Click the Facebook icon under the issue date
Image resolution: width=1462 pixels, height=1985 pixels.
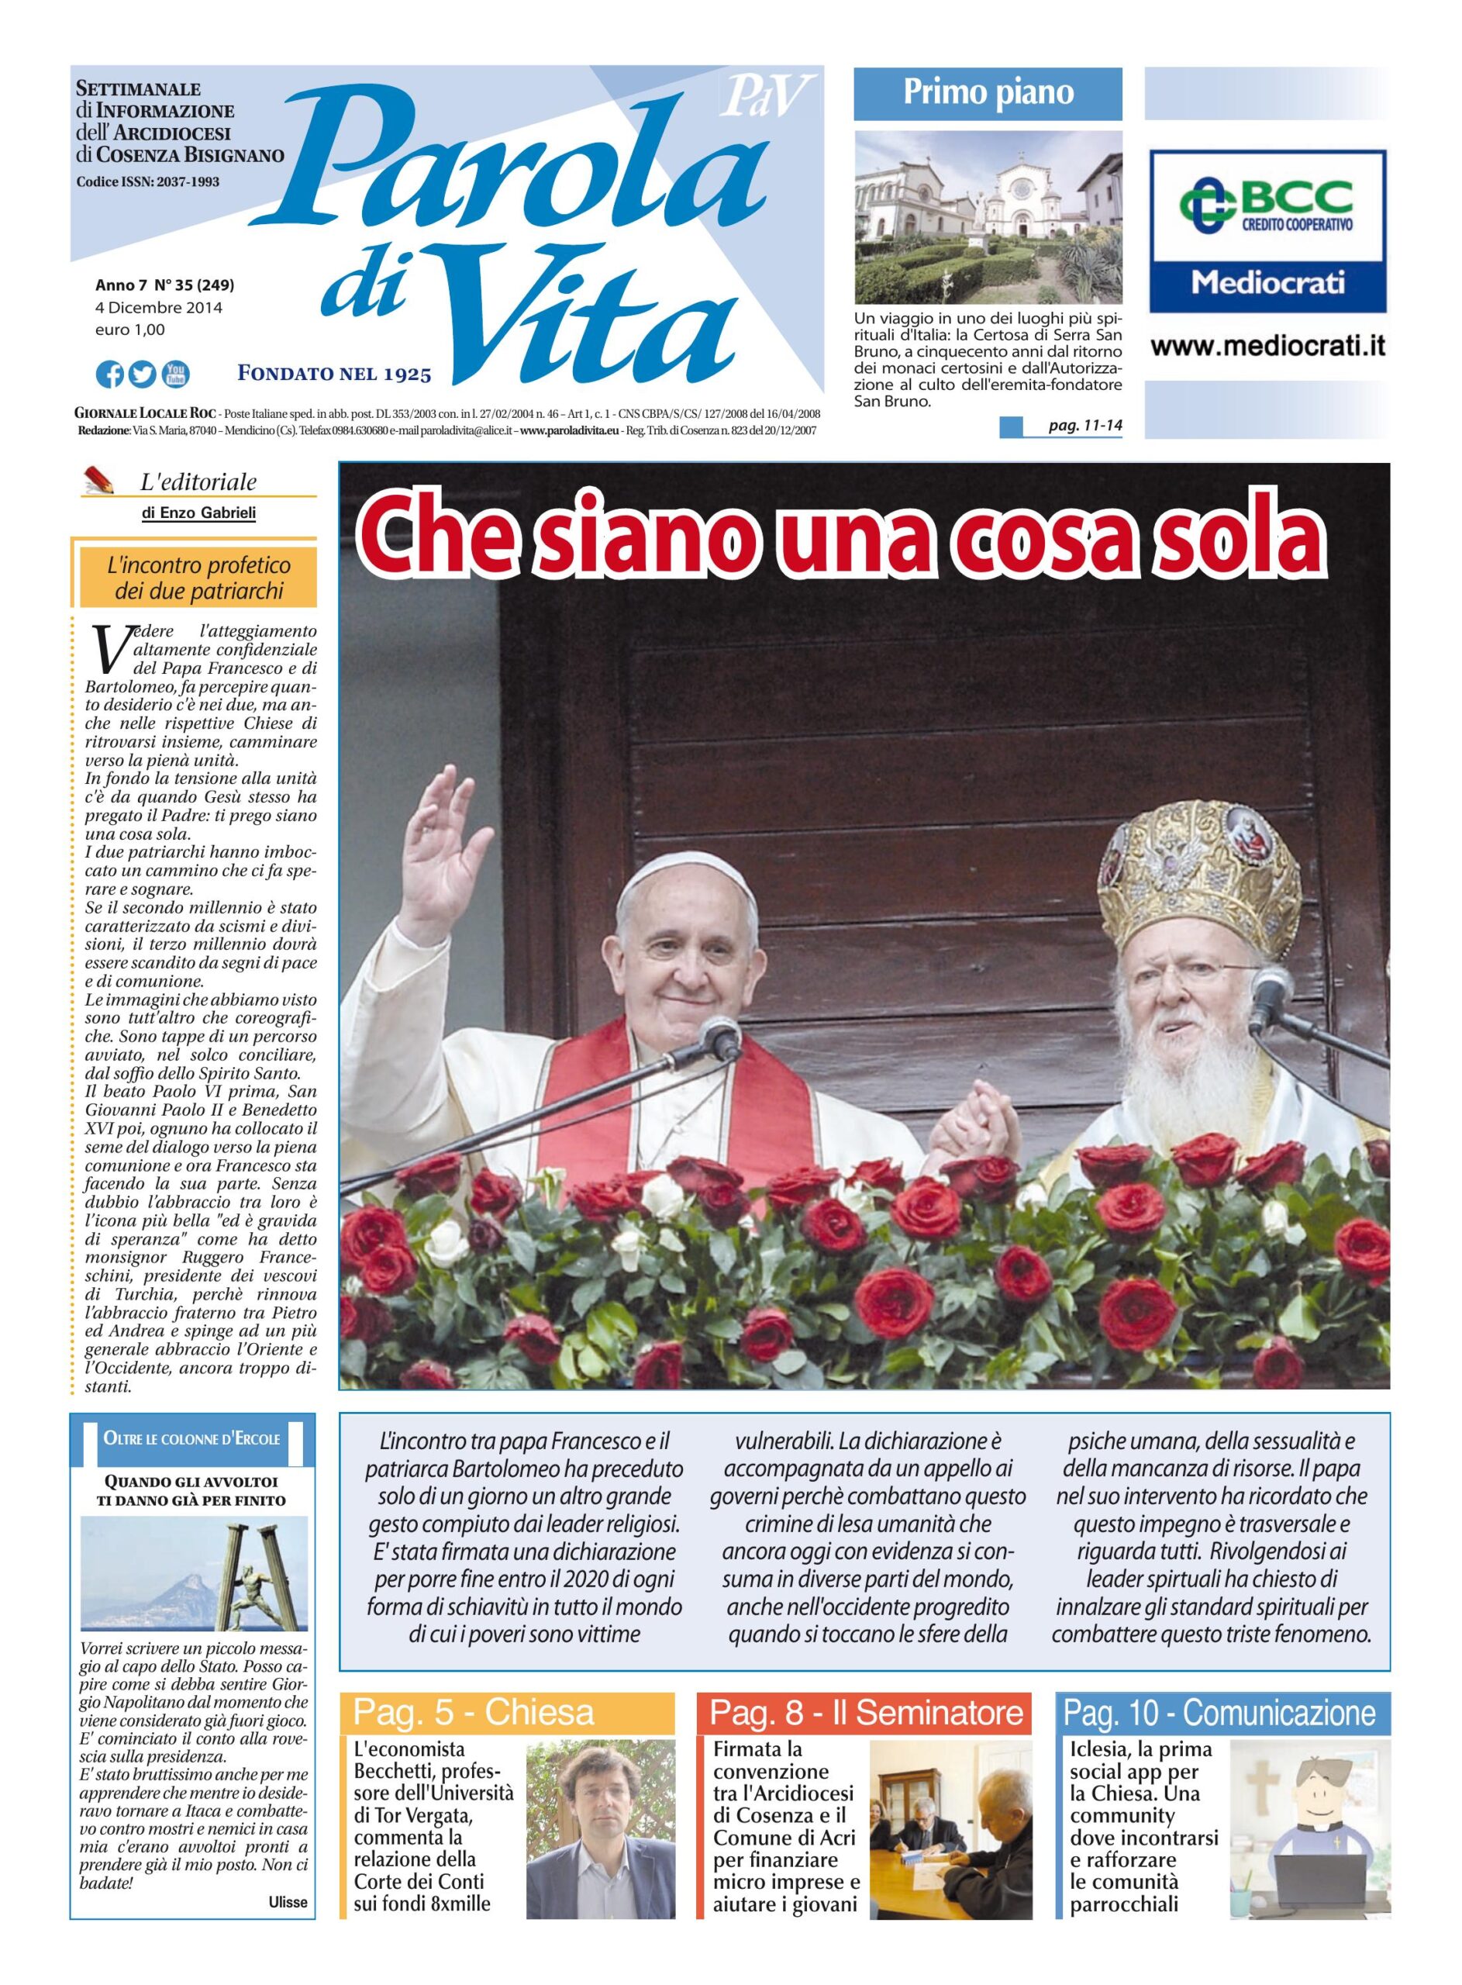pyautogui.click(x=110, y=375)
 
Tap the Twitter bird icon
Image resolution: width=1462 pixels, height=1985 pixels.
pyautogui.click(x=143, y=375)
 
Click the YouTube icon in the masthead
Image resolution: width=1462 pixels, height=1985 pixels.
pyautogui.click(x=175, y=375)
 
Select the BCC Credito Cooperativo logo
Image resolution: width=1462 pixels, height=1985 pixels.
pyautogui.click(x=1268, y=209)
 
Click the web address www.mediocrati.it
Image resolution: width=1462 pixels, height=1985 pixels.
pyautogui.click(x=1268, y=345)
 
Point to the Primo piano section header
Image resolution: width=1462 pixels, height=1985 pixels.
pyautogui.click(x=988, y=93)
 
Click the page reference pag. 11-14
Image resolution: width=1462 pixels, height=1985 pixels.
pyautogui.click(x=1084, y=426)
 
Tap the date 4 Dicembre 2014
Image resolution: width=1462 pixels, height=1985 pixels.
pyautogui.click(x=158, y=308)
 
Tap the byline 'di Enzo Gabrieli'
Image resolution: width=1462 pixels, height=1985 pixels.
pyautogui.click(x=198, y=513)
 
